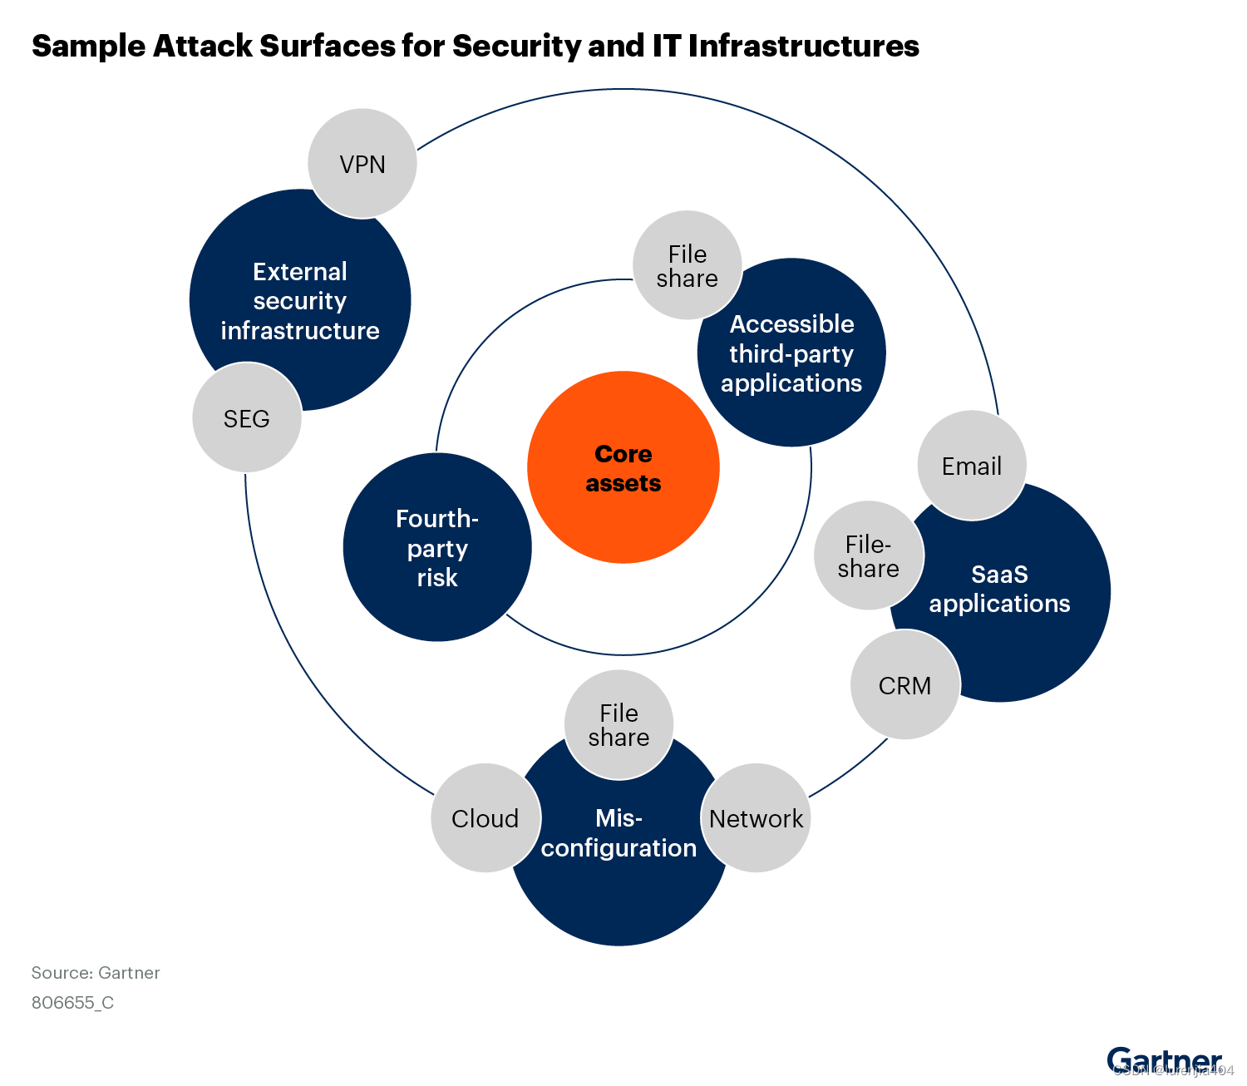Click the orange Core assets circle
click(x=623, y=467)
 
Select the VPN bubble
click(x=362, y=164)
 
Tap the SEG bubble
click(x=247, y=417)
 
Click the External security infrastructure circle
click(x=300, y=300)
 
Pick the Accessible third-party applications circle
click(x=791, y=353)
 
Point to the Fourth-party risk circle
click(x=437, y=548)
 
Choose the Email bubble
click(x=971, y=466)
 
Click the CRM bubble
click(x=904, y=685)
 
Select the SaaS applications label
click(x=999, y=589)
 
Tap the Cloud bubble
click(x=485, y=818)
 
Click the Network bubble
click(x=756, y=818)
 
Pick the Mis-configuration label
click(x=619, y=833)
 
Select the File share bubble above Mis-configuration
click(x=619, y=725)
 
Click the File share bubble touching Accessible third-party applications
click(x=687, y=266)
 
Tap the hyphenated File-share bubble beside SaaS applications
click(x=868, y=556)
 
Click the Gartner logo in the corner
click(x=1164, y=1060)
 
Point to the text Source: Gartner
click(x=96, y=973)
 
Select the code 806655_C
click(x=73, y=1003)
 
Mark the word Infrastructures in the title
click(x=803, y=47)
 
